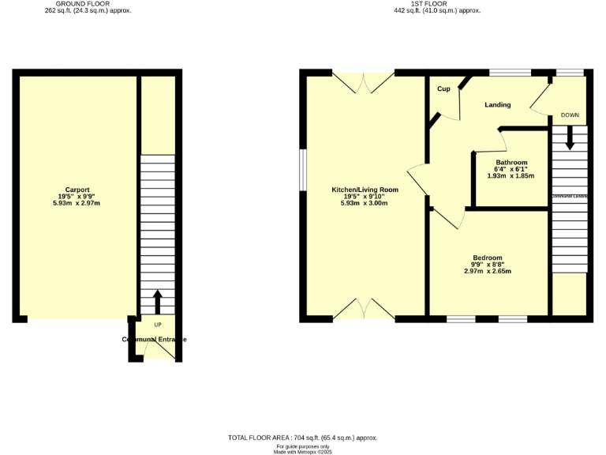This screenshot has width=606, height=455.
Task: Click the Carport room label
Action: click(77, 190)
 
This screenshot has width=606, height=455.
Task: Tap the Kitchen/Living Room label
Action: click(365, 190)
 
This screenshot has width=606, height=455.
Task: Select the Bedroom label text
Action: click(488, 258)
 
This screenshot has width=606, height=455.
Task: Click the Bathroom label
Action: click(511, 162)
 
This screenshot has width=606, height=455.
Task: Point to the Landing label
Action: click(497, 104)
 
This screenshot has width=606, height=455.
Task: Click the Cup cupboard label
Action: click(443, 89)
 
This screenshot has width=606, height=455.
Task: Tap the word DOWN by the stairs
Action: click(570, 115)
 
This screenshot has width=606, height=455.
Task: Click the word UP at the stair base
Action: click(158, 325)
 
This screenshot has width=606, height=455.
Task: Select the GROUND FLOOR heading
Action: click(88, 4)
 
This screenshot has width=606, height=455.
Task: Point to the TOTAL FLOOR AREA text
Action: click(302, 437)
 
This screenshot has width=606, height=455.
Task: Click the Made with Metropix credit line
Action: click(302, 451)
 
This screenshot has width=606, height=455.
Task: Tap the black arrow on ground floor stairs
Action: click(157, 301)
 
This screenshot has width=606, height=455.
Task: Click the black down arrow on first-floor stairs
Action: click(570, 141)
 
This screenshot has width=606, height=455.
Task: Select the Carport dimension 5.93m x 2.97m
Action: click(77, 204)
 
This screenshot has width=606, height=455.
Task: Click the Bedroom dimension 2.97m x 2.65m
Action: click(488, 271)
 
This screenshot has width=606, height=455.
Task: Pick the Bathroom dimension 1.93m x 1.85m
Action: click(511, 175)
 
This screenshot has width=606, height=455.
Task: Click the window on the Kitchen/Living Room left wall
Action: click(303, 169)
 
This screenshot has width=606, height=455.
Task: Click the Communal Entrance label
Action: click(155, 339)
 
